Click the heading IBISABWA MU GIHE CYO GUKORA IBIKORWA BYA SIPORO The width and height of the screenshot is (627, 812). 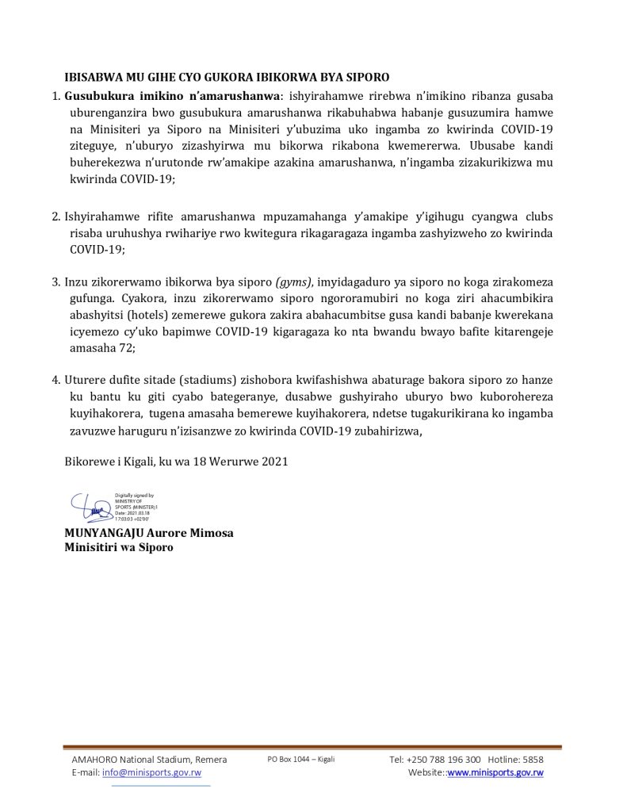(x=227, y=78)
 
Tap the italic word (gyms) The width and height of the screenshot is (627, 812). (x=294, y=282)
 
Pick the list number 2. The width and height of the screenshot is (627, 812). (x=55, y=216)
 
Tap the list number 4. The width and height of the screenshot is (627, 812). (x=55, y=381)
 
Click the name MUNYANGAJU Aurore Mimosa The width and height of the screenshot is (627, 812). (x=149, y=533)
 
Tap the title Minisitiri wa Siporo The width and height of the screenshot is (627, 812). (x=119, y=547)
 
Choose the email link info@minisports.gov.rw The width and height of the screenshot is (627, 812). (x=151, y=772)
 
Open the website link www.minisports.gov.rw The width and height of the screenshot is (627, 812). (x=495, y=772)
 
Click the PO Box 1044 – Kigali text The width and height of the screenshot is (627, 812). (x=301, y=759)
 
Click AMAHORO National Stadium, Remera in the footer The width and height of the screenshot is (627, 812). (x=149, y=759)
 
